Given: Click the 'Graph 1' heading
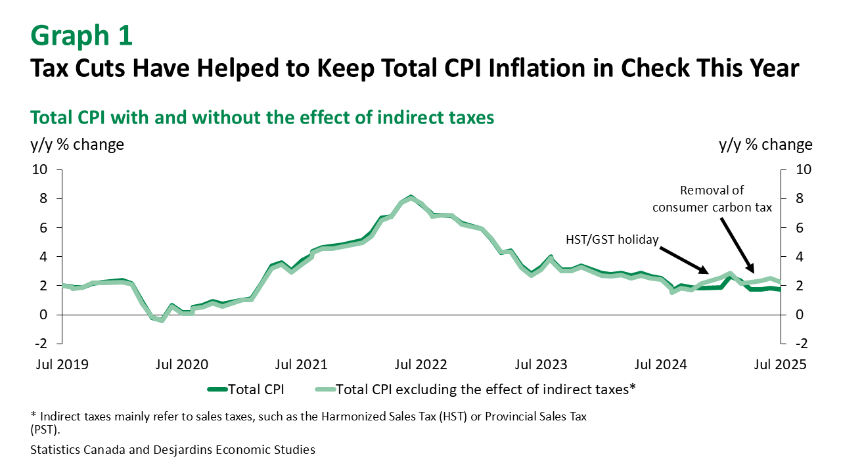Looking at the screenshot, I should [81, 35].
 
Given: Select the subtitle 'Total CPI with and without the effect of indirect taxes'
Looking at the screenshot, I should [261, 118].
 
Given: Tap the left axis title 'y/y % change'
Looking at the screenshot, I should [77, 145].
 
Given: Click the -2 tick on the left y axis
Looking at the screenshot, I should [41, 344].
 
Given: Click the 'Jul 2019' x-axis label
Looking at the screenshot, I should [62, 364].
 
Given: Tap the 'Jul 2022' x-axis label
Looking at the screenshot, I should [421, 364].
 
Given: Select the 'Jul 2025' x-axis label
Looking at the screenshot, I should [779, 364].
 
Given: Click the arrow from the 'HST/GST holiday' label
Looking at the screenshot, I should [683, 260].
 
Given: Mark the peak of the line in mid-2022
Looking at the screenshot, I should [411, 196].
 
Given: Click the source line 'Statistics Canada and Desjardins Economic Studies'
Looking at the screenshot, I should [172, 450].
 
